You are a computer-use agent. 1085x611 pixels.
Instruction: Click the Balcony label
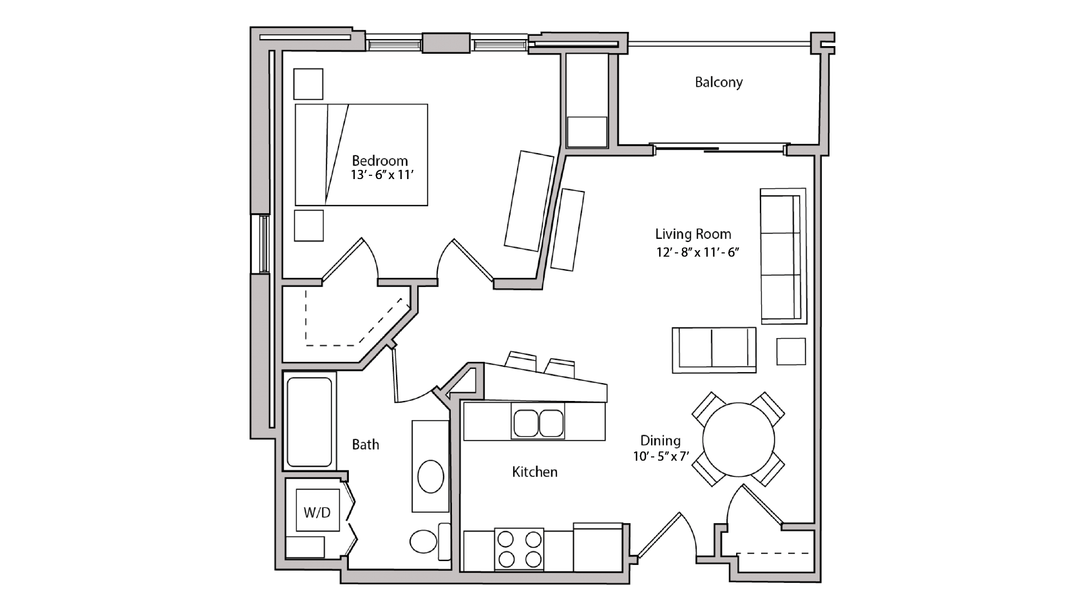tap(718, 82)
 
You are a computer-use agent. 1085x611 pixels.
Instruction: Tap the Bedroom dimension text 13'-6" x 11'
tap(382, 175)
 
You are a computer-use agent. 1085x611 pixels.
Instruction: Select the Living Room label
tap(693, 234)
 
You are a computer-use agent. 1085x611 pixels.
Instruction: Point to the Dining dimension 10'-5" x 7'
tap(660, 456)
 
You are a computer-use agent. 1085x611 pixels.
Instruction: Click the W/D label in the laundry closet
tap(317, 512)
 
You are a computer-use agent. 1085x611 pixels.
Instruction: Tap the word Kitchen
tap(534, 472)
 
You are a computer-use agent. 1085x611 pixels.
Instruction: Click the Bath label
tap(365, 445)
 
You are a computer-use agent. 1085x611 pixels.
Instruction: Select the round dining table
tap(738, 439)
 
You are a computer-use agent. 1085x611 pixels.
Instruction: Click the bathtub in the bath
tap(309, 422)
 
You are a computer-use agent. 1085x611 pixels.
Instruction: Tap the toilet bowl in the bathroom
tap(424, 542)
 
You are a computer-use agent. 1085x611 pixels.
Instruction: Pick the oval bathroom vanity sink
tap(431, 476)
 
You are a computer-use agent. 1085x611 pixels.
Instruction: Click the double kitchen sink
tap(538, 423)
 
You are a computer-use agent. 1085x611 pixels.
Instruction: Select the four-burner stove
tap(519, 549)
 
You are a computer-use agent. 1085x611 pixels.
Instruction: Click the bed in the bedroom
tap(361, 155)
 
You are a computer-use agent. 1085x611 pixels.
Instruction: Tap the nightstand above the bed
tap(308, 84)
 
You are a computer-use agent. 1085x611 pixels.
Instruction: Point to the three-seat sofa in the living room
tap(782, 256)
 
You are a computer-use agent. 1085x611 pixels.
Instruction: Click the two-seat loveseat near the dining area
tap(713, 349)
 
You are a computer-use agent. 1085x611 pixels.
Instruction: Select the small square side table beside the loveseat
tap(790, 351)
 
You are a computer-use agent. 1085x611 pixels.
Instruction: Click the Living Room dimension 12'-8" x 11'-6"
tap(698, 252)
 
